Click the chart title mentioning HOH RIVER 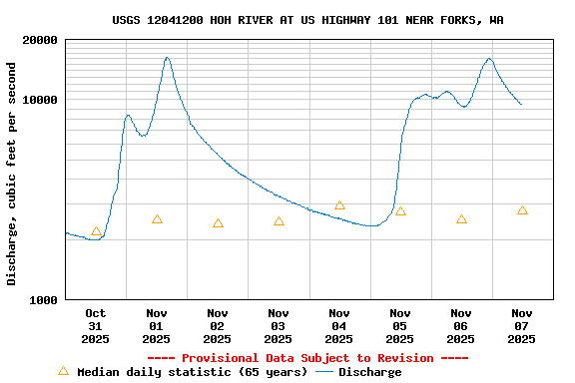(307, 20)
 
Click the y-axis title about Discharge (12, 174)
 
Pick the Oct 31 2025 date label (95, 326)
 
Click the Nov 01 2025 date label (156, 326)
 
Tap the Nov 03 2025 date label (278, 326)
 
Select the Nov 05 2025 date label (399, 326)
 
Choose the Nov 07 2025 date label (521, 326)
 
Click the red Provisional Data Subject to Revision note (307, 358)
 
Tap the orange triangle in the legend (64, 371)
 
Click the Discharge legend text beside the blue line (369, 372)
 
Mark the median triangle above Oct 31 (96, 231)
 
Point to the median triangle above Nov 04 (339, 205)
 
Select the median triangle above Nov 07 (522, 210)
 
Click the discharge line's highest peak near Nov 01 (167, 58)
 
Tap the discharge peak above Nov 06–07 (489, 59)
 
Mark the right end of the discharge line (521, 104)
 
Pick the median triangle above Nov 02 (218, 223)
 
